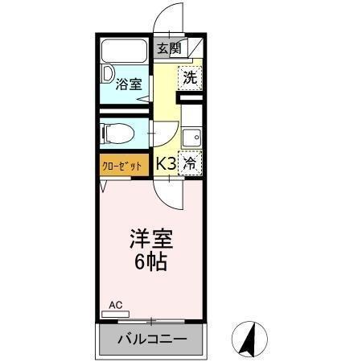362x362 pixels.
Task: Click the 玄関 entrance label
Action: [x=169, y=47]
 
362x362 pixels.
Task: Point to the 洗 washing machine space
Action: [x=191, y=78]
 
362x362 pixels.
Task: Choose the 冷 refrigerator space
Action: [x=191, y=162]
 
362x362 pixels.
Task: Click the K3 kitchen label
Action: [x=166, y=163]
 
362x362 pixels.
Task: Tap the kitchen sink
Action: [x=191, y=138]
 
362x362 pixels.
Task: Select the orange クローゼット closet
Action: [x=124, y=166]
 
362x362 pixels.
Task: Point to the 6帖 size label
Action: [x=150, y=262]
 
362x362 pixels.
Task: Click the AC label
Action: [x=115, y=305]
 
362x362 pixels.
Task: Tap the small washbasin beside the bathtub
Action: [x=106, y=73]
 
